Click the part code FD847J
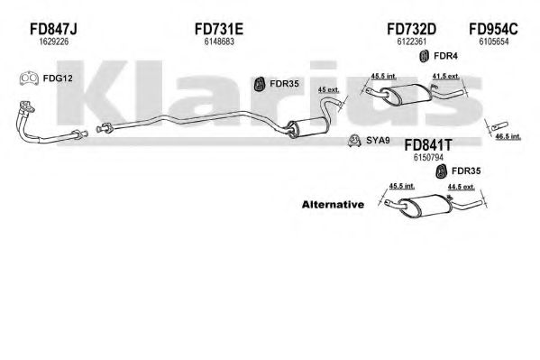pyautogui.click(x=53, y=29)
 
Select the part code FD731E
pyautogui.click(x=219, y=29)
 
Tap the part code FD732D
pyautogui.click(x=412, y=29)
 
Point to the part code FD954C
pyautogui.click(x=493, y=29)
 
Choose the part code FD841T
pyautogui.click(x=427, y=145)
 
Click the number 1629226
pyautogui.click(x=54, y=42)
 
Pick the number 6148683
pyautogui.click(x=219, y=42)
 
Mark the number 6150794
pyautogui.click(x=428, y=157)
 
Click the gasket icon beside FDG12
pyautogui.click(x=29, y=79)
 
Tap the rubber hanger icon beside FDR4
pyautogui.click(x=425, y=56)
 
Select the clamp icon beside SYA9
pyautogui.click(x=353, y=140)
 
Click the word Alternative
pyautogui.click(x=333, y=205)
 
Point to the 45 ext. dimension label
pyautogui.click(x=328, y=89)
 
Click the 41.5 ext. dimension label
pyautogui.click(x=446, y=76)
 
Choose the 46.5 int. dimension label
pyautogui.click(x=508, y=136)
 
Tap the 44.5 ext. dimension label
pyautogui.click(x=462, y=187)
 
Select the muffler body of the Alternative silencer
pyautogui.click(x=425, y=206)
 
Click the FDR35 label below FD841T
pyautogui.click(x=466, y=171)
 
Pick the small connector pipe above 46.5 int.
pyautogui.click(x=499, y=125)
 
